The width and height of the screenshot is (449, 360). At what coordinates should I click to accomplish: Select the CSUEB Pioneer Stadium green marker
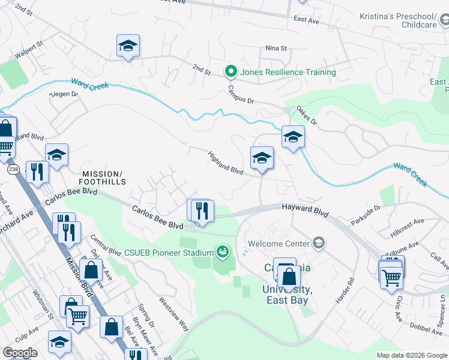click(x=223, y=251)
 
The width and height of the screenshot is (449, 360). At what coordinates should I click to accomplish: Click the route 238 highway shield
click(x=11, y=170)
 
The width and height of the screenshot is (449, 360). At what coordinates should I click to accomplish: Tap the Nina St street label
click(x=277, y=48)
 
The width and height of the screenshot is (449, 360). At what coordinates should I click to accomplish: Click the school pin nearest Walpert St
click(x=128, y=46)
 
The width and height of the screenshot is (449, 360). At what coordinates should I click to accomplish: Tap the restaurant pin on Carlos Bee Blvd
click(x=202, y=211)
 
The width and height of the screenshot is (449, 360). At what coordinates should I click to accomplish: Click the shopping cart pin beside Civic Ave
click(x=391, y=277)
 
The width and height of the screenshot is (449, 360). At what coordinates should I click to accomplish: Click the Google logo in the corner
click(x=20, y=353)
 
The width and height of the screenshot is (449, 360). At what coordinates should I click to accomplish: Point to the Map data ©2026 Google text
click(x=411, y=355)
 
